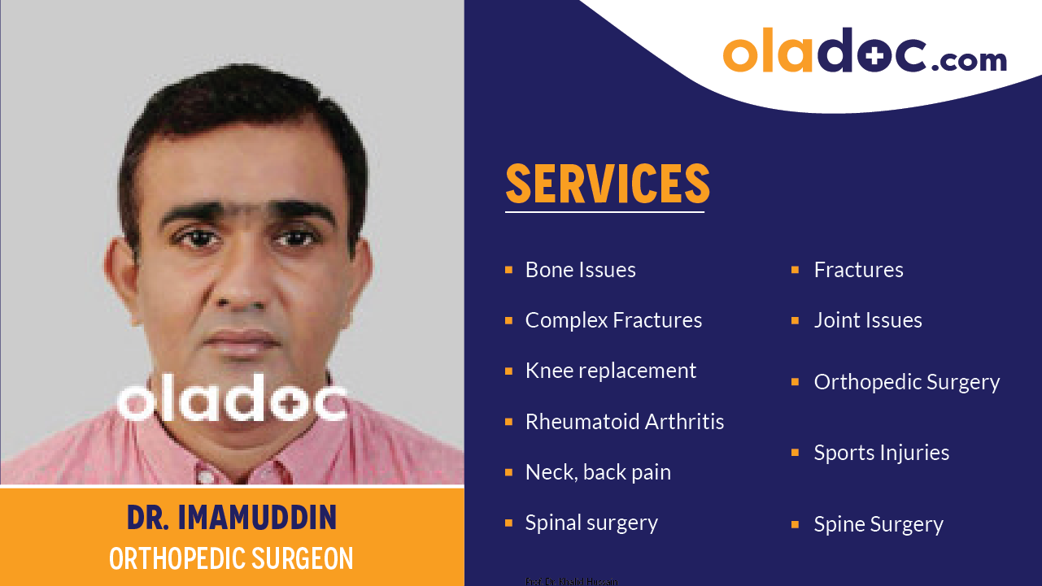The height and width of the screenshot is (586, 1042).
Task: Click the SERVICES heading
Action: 607,184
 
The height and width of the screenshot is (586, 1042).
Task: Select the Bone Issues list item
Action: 580,270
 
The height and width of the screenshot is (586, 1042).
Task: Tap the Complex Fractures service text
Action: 613,320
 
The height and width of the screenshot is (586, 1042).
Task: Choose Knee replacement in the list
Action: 610,371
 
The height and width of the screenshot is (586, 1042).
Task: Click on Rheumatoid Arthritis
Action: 624,422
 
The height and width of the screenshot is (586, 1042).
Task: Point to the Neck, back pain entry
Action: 598,472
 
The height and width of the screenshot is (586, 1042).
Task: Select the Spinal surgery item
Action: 591,523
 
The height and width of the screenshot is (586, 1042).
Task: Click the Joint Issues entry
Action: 867,320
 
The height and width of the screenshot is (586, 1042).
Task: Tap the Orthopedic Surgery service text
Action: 906,382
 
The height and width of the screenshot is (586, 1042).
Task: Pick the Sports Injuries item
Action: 881,453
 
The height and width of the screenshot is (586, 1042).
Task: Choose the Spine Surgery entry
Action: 878,524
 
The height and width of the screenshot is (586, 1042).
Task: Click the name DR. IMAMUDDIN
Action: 232,518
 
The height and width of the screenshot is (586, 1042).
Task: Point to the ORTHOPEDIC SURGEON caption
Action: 232,558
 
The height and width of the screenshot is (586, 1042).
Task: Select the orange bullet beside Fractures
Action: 795,270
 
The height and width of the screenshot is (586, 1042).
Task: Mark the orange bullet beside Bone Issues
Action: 508,270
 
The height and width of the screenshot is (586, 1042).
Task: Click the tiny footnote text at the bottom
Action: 571,581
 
